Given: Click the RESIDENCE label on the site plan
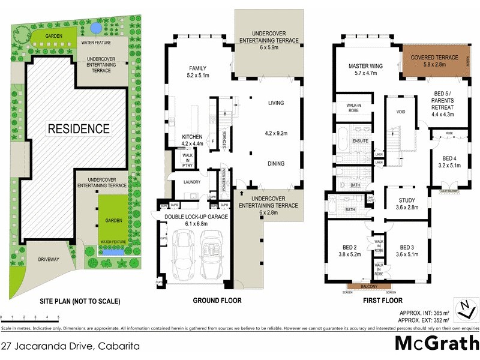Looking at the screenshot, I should [x=79, y=128].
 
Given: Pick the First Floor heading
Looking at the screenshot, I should [x=382, y=301].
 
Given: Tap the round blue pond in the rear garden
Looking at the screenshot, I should [x=94, y=28].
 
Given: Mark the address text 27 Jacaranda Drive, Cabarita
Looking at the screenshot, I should [x=71, y=346].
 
